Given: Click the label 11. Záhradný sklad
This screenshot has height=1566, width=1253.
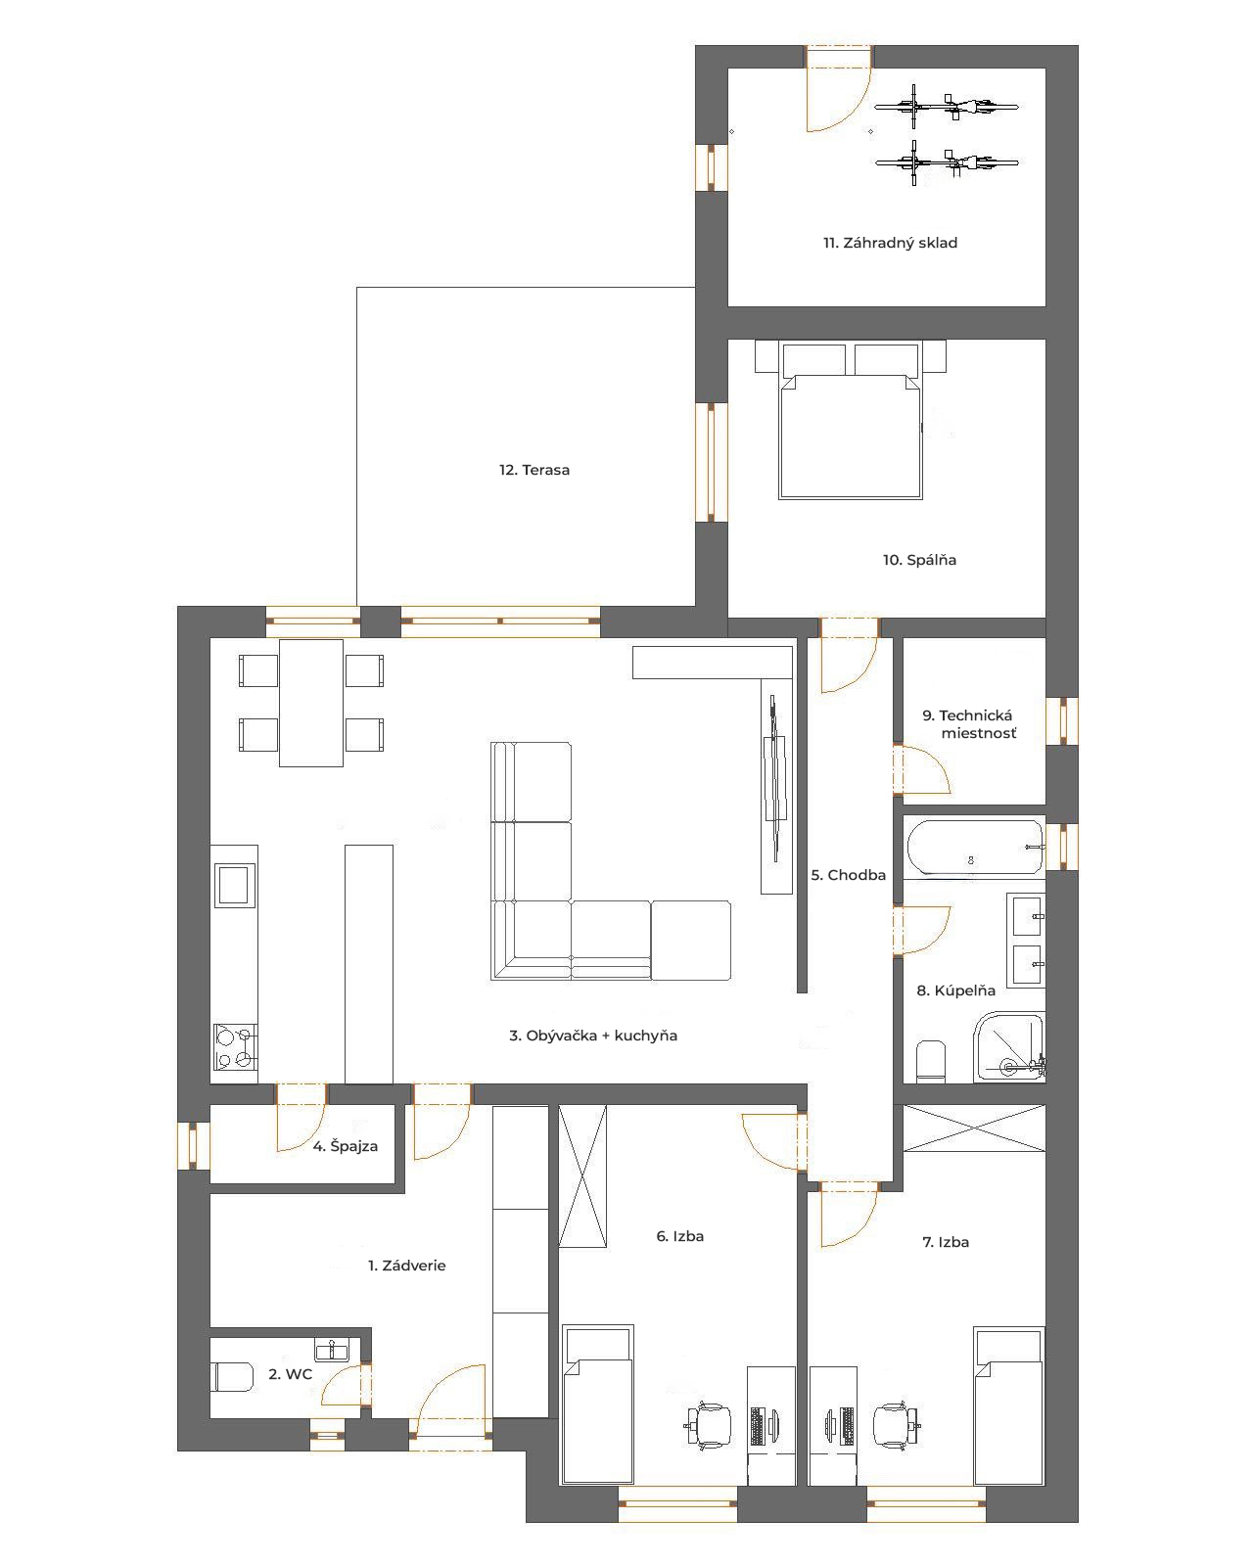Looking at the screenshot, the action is (890, 243).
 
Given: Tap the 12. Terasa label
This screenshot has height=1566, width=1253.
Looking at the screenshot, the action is (534, 470).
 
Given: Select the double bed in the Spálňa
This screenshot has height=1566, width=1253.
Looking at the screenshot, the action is (851, 420).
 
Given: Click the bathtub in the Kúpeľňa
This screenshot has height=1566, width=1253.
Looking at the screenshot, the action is (975, 848).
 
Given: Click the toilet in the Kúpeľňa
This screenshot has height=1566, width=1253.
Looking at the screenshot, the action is (930, 1060).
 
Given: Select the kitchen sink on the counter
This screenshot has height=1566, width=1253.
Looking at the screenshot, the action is (234, 885).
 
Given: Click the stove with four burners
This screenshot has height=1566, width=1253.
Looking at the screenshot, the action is (235, 1047).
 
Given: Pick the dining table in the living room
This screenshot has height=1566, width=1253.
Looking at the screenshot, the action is (311, 703).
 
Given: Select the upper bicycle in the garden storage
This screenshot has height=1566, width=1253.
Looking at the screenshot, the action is (946, 107).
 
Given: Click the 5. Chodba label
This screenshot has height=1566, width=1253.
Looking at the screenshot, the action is (848, 875).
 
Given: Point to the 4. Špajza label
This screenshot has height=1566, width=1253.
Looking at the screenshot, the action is (346, 1146).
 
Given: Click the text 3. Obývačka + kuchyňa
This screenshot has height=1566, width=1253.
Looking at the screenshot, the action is (592, 1036).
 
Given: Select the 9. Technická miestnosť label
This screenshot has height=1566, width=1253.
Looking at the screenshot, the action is (969, 724).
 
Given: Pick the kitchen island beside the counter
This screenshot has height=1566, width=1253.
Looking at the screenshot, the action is (369, 963).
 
